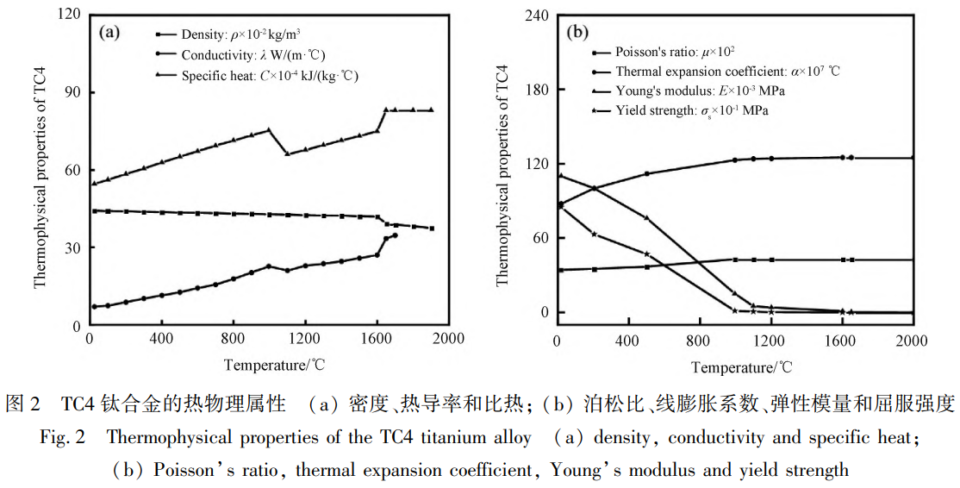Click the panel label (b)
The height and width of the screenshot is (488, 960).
577,33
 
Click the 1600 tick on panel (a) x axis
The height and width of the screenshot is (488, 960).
377,337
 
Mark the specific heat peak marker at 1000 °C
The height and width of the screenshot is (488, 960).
269,130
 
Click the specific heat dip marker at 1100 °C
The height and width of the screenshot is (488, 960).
287,153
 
